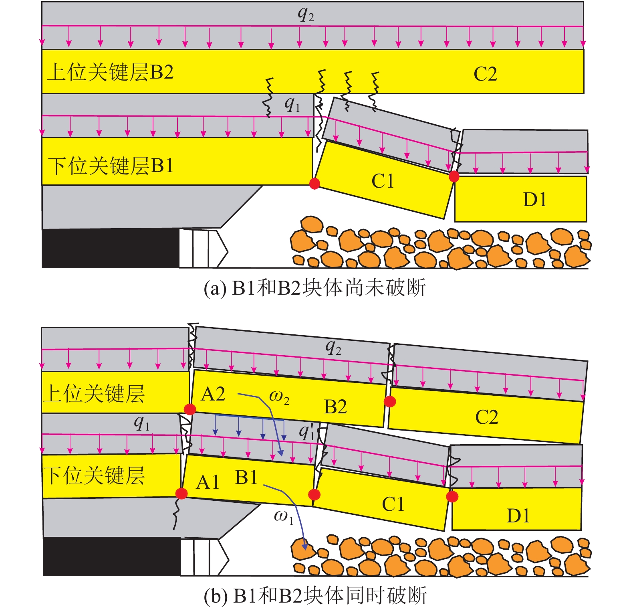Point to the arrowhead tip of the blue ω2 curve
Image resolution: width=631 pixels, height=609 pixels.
282,456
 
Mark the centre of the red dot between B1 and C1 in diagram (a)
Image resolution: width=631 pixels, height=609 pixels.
314,184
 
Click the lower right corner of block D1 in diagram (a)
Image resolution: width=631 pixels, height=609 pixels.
587,221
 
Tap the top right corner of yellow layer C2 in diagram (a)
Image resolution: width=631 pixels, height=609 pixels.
583,50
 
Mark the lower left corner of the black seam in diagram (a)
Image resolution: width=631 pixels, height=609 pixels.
42,267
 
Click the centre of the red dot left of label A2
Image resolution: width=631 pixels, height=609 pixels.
190,409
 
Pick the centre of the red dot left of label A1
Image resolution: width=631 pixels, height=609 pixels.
181,494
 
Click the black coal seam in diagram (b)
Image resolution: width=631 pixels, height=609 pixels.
112,556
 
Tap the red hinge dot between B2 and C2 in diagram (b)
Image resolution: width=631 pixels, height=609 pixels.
390,401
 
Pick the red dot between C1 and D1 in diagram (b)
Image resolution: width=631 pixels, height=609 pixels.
452,497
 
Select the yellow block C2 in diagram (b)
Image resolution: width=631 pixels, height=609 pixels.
486,415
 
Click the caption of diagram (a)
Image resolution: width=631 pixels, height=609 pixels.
314,288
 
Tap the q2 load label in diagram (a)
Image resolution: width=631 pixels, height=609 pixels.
306,15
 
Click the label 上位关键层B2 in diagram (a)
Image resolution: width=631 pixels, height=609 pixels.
111,73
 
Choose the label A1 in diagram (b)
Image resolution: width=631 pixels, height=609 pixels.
208,482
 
